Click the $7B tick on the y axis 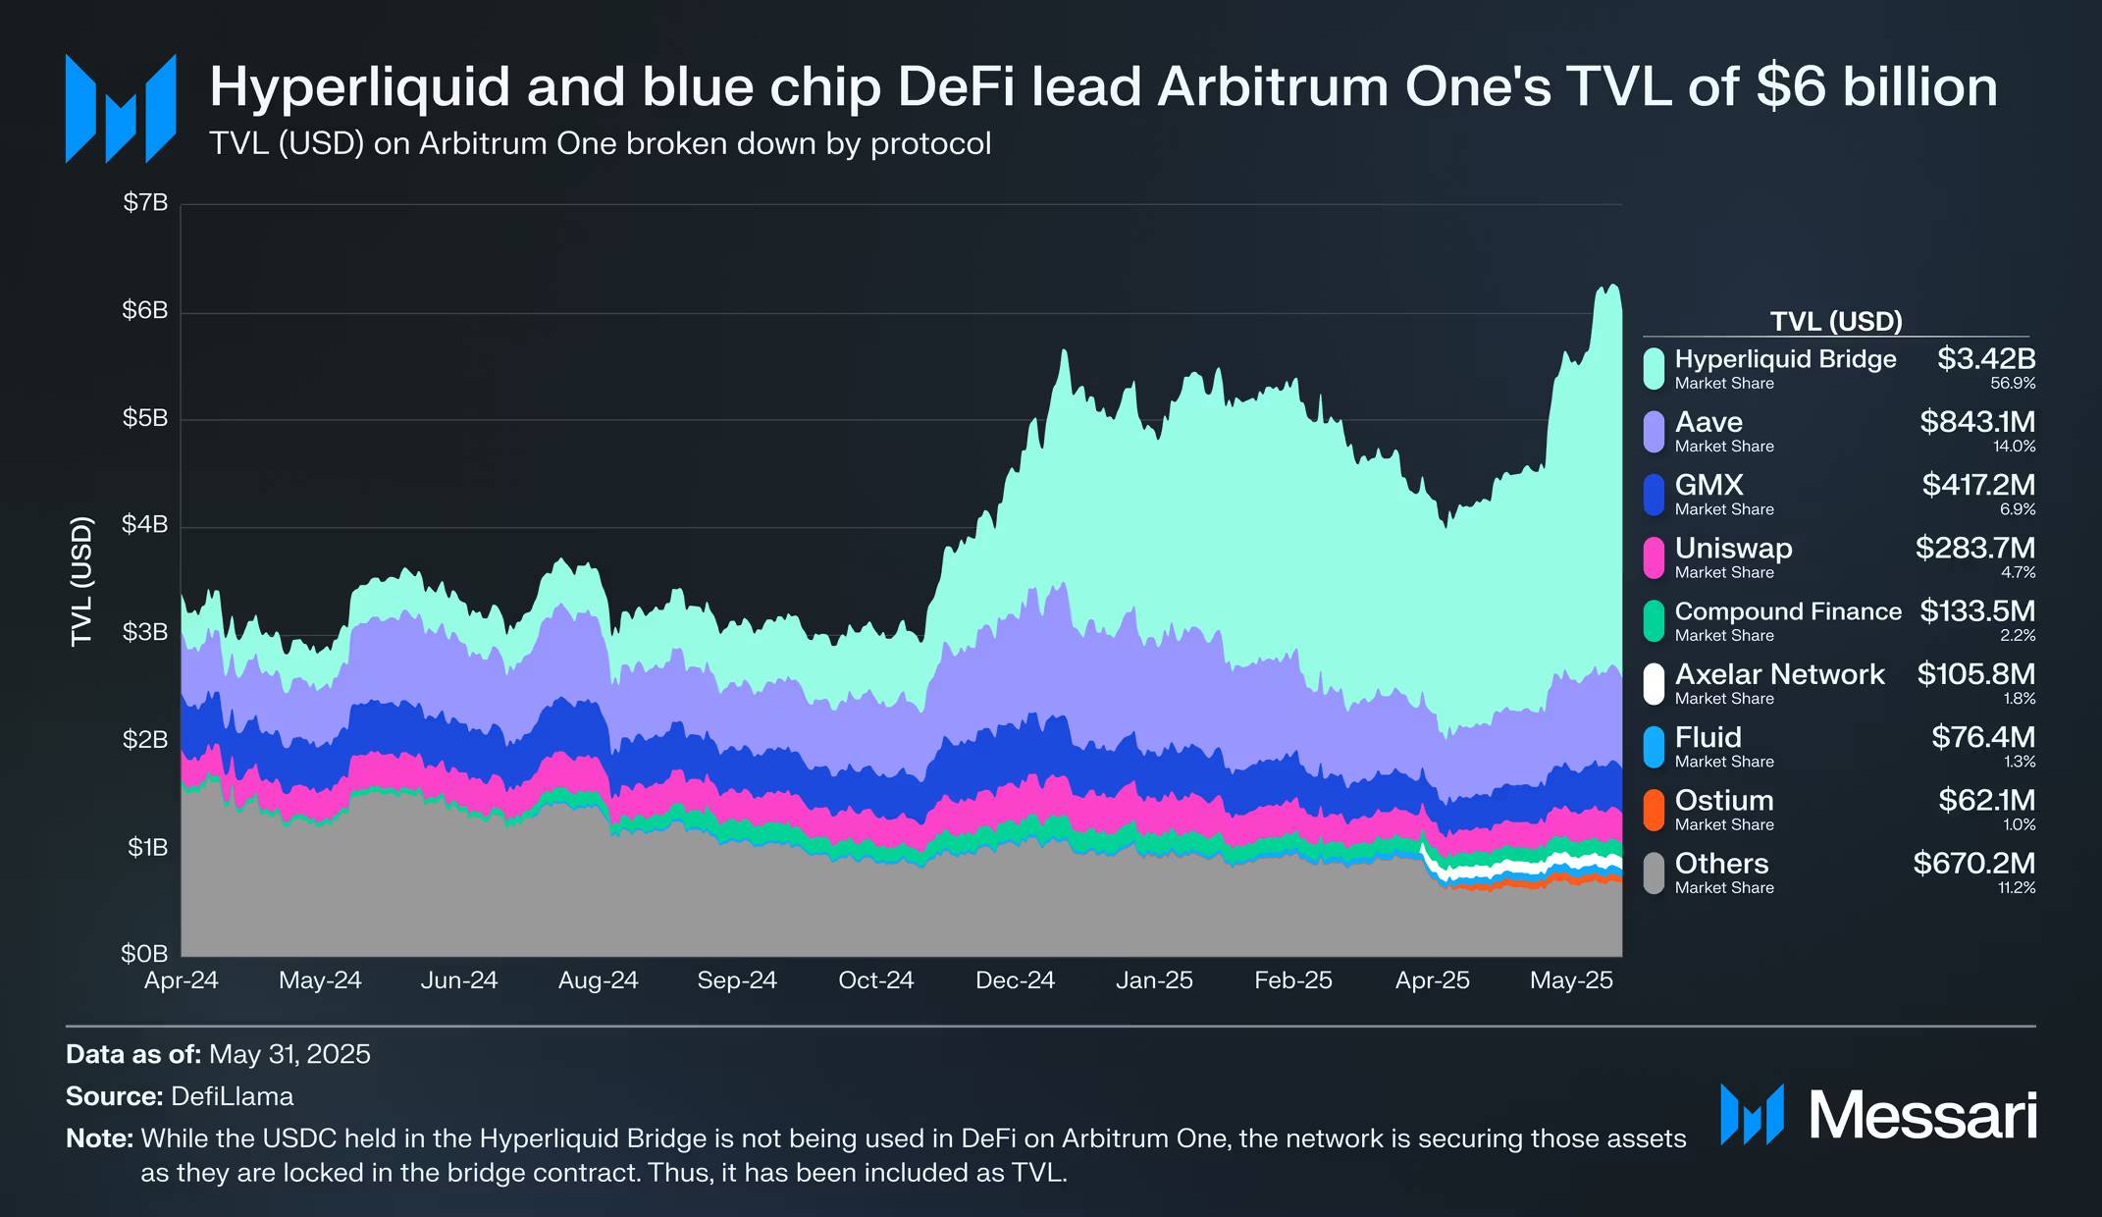(145, 203)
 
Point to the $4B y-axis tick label (145, 525)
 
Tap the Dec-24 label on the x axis (1015, 980)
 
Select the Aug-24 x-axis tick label (598, 980)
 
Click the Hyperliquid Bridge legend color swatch (1654, 368)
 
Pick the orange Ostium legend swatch (1654, 810)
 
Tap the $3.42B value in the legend (1985, 359)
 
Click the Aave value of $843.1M (1977, 422)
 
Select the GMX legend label (1708, 485)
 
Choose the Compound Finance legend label (1787, 611)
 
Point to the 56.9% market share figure (2013, 384)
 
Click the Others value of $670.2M (1973, 864)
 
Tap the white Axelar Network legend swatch (1654, 684)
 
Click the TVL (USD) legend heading (1835, 321)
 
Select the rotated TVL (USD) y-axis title (81, 580)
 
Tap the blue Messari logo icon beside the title (120, 108)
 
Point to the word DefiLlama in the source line (232, 1096)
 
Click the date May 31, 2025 (289, 1054)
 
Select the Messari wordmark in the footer (1921, 1116)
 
